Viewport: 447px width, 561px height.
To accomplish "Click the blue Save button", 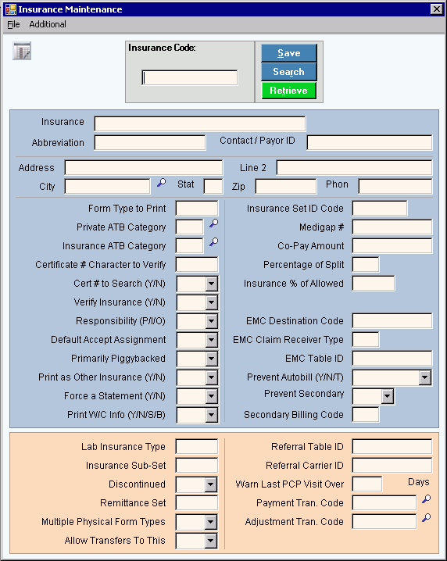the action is (x=289, y=53).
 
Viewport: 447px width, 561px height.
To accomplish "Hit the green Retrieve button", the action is (x=289, y=91).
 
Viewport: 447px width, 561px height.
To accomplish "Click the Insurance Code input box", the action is (x=190, y=77).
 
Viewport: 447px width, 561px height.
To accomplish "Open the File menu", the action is (x=13, y=24).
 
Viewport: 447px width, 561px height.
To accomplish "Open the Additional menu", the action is (x=48, y=24).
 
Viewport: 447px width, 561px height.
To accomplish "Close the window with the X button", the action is (x=437, y=9).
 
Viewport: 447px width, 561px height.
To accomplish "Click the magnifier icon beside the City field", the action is (x=162, y=183).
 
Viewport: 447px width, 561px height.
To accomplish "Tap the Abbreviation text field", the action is (x=150, y=142).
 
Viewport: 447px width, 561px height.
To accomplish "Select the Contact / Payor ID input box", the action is (x=370, y=142).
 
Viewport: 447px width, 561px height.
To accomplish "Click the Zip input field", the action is (x=286, y=187).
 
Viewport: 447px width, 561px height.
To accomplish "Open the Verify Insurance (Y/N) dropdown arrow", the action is (x=212, y=302).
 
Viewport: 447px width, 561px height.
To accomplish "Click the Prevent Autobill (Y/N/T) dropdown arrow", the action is (x=425, y=377).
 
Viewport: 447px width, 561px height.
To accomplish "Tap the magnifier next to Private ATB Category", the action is (x=213, y=223).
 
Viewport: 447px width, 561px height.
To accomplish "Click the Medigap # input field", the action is (x=392, y=227).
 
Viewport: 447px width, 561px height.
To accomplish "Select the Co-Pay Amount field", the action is (x=392, y=246).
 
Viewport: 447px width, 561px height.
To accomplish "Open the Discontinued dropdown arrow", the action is (x=211, y=484).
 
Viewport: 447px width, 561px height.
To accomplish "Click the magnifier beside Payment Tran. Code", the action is (x=426, y=499).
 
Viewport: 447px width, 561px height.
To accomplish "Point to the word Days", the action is (x=418, y=482).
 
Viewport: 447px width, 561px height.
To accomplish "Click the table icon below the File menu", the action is (x=22, y=51).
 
